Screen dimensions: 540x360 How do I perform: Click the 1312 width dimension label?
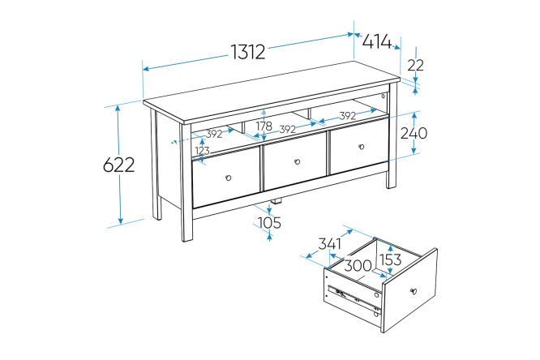tap(248, 52)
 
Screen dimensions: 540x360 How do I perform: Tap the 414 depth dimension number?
tap(377, 41)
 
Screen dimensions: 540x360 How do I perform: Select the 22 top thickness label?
tap(415, 65)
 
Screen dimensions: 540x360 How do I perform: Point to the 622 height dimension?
tap(119, 165)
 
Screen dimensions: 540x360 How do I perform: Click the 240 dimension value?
tap(414, 133)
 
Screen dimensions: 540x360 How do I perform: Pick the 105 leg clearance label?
tap(269, 222)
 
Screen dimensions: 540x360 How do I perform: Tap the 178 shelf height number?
tap(264, 126)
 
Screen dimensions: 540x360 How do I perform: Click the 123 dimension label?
tap(202, 151)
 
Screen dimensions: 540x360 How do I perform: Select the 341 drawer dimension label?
tap(329, 244)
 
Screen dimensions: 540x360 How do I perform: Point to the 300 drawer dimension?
tap(358, 266)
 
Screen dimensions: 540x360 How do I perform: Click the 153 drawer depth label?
tap(390, 259)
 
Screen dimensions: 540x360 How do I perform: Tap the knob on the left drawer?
tap(228, 178)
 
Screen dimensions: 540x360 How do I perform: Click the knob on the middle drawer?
tap(298, 161)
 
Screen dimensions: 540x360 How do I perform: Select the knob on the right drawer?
tap(362, 147)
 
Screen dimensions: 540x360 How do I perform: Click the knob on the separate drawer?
tap(414, 291)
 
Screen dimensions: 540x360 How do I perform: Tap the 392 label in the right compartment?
tap(348, 116)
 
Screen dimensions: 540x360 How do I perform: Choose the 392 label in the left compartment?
tap(214, 134)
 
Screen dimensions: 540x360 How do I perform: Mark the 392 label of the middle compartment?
tap(288, 129)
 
